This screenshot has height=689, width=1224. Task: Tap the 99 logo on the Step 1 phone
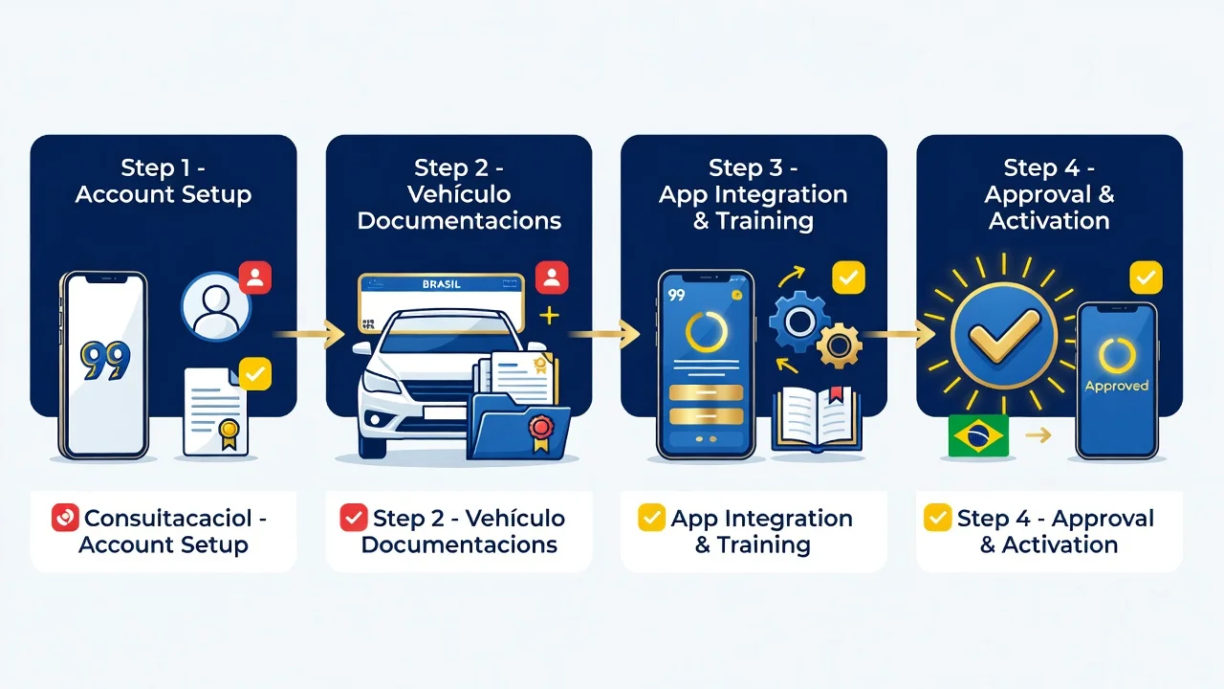click(x=106, y=361)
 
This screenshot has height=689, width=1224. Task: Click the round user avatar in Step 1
click(x=216, y=307)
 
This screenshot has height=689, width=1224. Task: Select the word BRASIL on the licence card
click(x=442, y=284)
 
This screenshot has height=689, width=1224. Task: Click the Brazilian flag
click(x=978, y=435)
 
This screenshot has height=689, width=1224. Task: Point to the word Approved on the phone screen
click(x=1116, y=386)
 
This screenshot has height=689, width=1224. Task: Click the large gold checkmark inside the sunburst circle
click(x=1003, y=336)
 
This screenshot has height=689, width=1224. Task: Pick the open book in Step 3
click(x=817, y=418)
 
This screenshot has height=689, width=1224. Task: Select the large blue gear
click(x=799, y=322)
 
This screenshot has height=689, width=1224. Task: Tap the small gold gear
click(x=839, y=345)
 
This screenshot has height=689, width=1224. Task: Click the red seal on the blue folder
click(x=541, y=426)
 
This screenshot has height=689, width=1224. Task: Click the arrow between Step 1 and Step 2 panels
click(x=308, y=334)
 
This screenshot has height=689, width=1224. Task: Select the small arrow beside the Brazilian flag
click(x=1038, y=435)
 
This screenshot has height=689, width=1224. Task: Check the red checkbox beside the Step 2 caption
click(x=354, y=518)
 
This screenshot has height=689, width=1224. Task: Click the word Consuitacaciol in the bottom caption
click(x=167, y=518)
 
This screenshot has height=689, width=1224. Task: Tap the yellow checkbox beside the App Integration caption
click(x=651, y=518)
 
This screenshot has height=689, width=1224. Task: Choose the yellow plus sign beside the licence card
click(x=549, y=316)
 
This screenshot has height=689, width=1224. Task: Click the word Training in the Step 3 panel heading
click(x=764, y=221)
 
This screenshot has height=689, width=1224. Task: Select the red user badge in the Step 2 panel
click(x=552, y=278)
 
